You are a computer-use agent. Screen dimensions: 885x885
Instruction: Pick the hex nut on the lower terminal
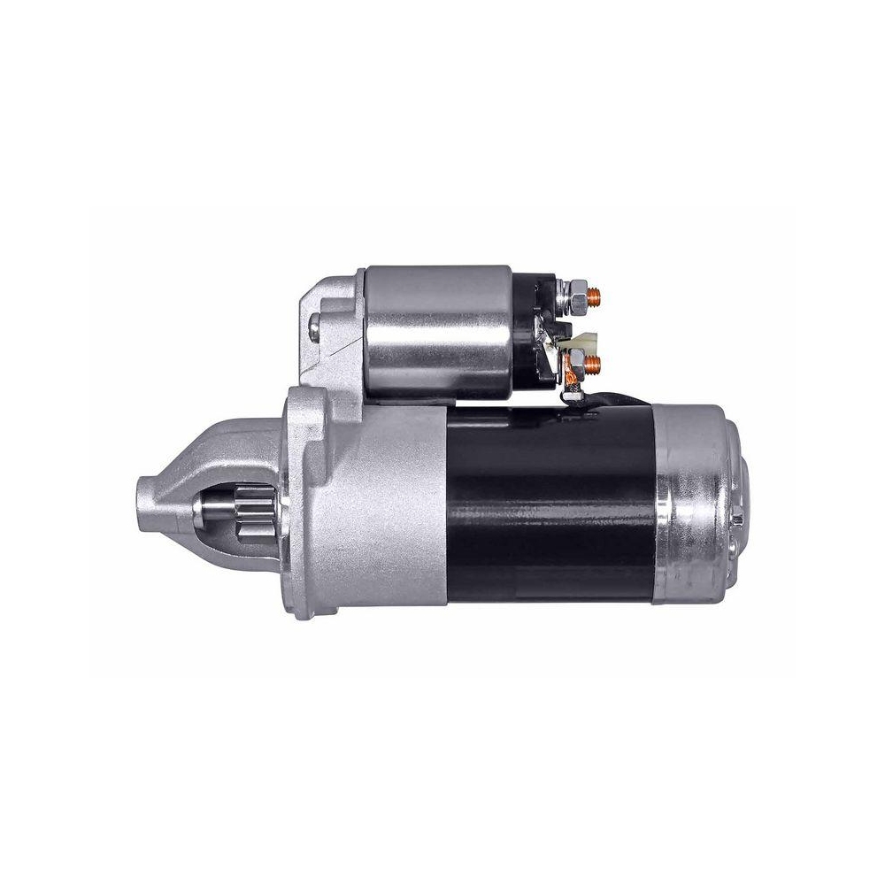click(576, 360)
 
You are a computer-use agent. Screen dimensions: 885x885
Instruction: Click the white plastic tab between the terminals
click(587, 338)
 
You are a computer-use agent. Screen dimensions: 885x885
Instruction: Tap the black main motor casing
click(549, 504)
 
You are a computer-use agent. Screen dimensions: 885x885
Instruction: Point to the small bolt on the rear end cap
click(735, 517)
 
